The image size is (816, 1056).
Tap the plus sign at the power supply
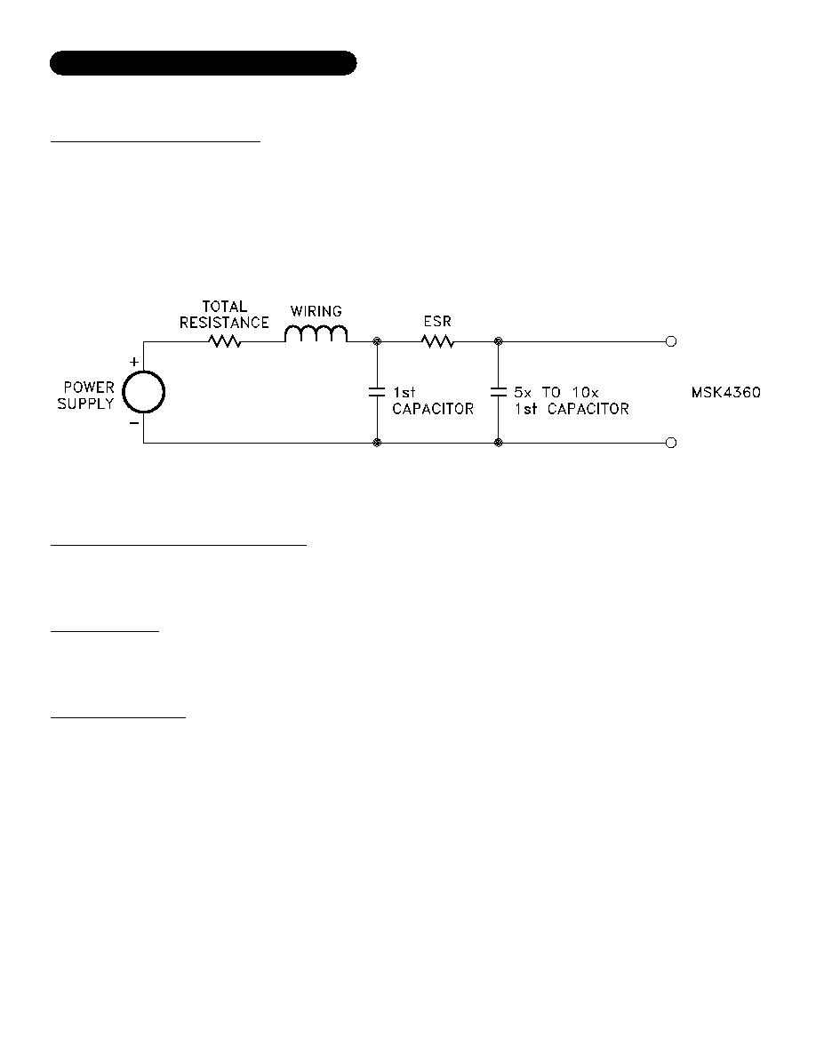(134, 363)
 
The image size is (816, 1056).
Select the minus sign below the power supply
(134, 423)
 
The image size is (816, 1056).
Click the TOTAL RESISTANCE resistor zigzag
(225, 341)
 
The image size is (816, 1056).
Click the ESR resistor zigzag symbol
(437, 341)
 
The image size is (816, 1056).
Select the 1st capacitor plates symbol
(377, 392)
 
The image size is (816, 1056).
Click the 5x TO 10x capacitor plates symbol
(498, 392)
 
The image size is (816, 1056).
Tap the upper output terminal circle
(670, 341)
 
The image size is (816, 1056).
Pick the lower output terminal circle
(670, 443)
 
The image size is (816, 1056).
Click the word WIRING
(316, 311)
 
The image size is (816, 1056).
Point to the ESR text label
(437, 321)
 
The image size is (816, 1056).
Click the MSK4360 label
(726, 392)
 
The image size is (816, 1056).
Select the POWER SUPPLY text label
(85, 396)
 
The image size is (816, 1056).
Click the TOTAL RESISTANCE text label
(224, 315)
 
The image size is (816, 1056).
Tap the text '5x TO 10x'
(556, 392)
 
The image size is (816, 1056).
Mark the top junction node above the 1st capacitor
(377, 341)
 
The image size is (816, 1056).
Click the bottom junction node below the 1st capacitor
(377, 443)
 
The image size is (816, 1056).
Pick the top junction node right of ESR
(498, 341)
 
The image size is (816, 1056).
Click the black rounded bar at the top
(204, 62)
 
